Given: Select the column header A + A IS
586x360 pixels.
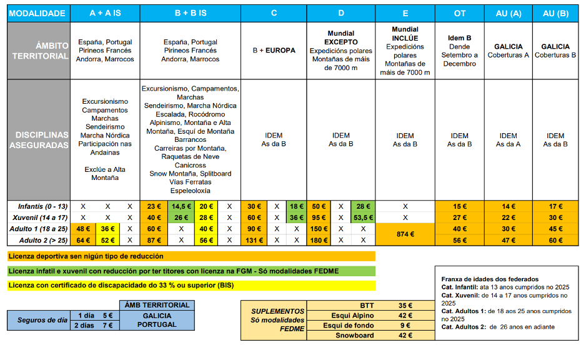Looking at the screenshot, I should click(105, 13).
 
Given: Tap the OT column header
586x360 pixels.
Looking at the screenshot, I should click(460, 13).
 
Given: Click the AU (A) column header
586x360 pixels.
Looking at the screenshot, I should click(508, 13).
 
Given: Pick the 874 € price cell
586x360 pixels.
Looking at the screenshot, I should click(405, 234).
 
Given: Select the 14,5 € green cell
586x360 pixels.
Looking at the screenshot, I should click(182, 206).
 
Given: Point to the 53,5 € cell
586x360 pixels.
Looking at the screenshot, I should click(363, 217).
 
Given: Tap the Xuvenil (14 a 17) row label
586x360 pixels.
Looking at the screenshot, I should click(39, 217).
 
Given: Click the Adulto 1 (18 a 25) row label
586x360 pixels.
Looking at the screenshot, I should click(39, 229).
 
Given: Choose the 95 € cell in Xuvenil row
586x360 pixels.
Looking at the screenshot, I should click(319, 217).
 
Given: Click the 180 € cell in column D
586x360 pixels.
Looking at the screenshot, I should click(319, 241).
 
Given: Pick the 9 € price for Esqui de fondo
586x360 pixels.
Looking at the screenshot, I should click(405, 326).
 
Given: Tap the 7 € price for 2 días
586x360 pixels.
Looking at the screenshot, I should click(107, 325).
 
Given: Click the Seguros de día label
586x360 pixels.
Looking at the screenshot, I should click(42, 320).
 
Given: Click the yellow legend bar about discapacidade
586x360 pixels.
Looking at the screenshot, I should click(191, 286).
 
